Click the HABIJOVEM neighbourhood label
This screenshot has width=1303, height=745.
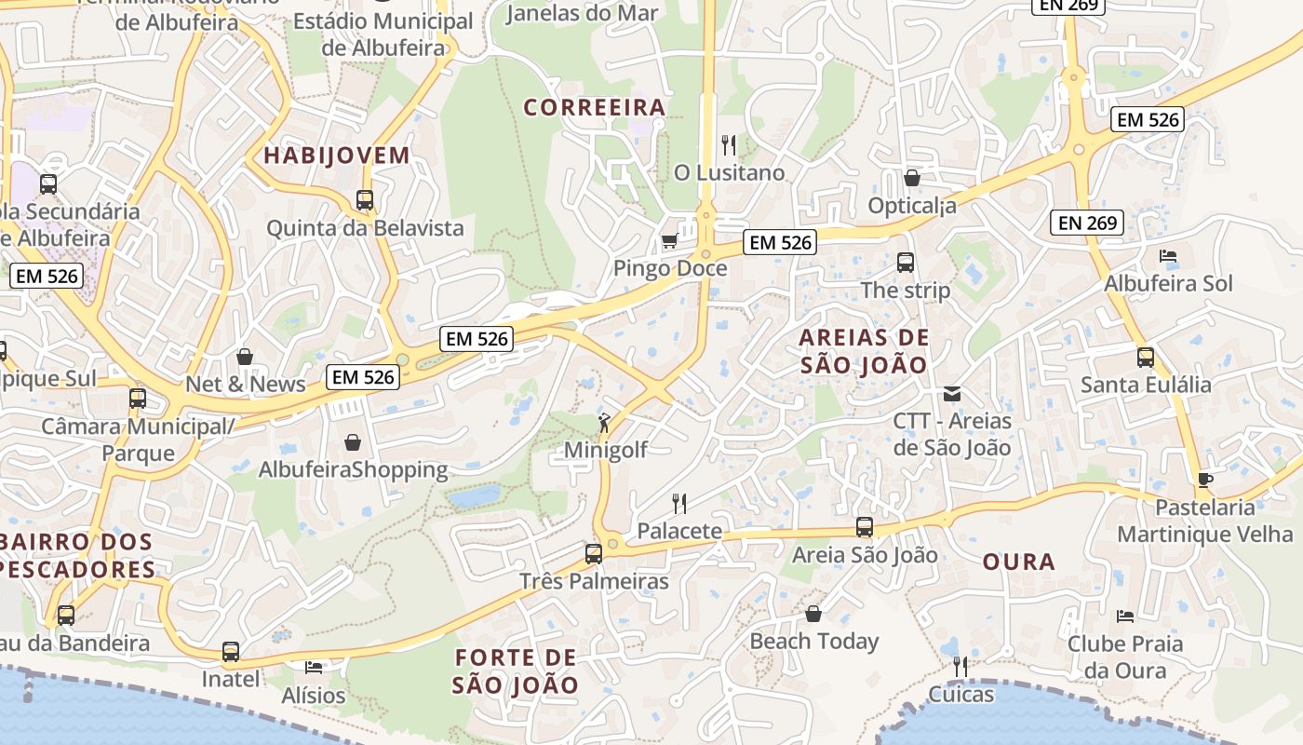[x=336, y=156]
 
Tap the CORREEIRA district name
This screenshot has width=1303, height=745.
[x=595, y=107]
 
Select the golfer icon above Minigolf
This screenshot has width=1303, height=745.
[x=605, y=423]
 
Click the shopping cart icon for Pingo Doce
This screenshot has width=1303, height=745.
[x=668, y=242]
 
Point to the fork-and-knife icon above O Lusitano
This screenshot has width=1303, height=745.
[x=729, y=145]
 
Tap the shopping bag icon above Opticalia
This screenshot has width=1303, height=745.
[x=912, y=177]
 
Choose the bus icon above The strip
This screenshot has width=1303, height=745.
[x=906, y=263]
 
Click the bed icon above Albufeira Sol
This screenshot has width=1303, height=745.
[x=1168, y=256]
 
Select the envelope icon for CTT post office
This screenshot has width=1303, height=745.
[x=952, y=394]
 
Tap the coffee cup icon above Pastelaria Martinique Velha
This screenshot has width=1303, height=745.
[x=1205, y=481]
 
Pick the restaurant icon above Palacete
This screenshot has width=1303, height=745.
[x=679, y=504]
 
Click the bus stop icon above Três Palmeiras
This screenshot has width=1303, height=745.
[x=594, y=554]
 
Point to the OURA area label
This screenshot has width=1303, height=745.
[x=1019, y=562]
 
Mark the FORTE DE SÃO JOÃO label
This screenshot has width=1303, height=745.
[x=516, y=671]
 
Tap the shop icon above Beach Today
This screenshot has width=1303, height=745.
[x=813, y=615]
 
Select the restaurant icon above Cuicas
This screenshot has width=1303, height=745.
[x=960, y=667]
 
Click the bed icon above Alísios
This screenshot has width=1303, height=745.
[x=314, y=668]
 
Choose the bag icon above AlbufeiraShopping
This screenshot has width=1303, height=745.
[x=353, y=442]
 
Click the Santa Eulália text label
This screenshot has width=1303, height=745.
[x=1146, y=385]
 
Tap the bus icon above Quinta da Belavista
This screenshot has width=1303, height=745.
[x=365, y=200]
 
